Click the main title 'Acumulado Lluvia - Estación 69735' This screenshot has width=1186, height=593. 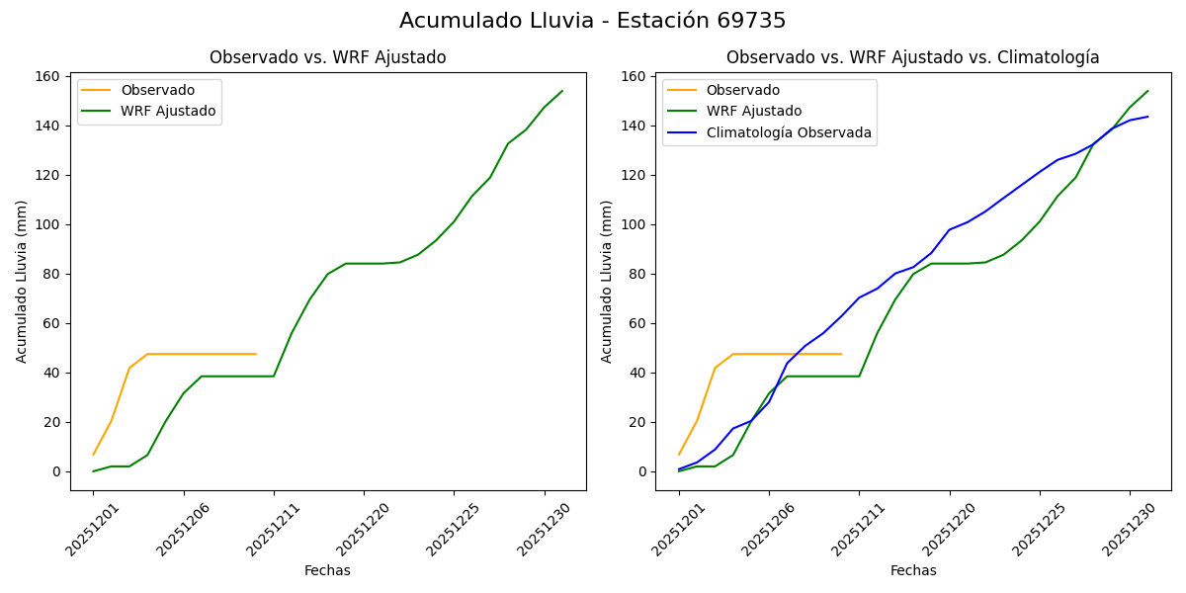(x=593, y=21)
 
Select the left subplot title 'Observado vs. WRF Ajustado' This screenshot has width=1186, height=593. (x=327, y=57)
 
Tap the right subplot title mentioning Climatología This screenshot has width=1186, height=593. (x=912, y=57)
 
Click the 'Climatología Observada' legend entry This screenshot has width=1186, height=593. (x=789, y=132)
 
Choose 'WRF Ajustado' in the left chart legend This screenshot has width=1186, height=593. (x=168, y=111)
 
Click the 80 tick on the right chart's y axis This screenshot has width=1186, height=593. (x=639, y=274)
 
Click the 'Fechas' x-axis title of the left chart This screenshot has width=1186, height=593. (x=327, y=570)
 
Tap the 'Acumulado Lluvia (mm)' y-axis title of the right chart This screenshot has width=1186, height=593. (x=607, y=281)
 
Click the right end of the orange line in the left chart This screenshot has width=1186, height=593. (x=256, y=354)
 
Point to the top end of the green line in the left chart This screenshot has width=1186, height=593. (x=562, y=91)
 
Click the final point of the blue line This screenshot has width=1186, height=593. (x=1147, y=117)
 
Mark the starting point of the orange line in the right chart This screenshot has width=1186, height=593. (x=679, y=455)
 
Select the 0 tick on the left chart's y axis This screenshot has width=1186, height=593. (x=57, y=471)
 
